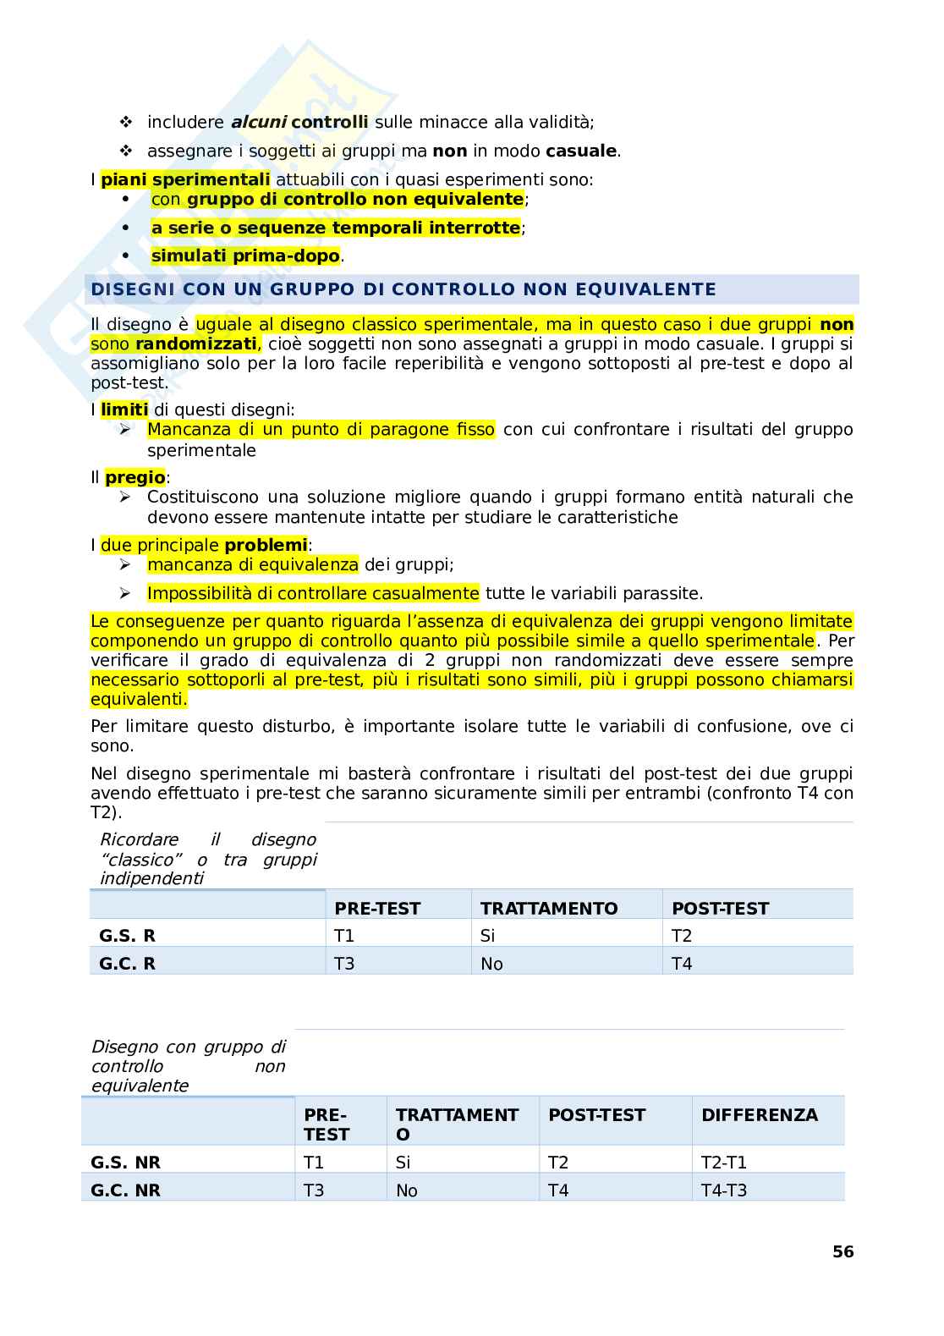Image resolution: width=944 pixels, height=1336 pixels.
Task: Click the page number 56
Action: (842, 1251)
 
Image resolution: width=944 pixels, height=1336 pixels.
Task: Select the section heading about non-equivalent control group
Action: (403, 289)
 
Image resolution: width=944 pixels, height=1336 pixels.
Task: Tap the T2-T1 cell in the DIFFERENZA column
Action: (723, 1163)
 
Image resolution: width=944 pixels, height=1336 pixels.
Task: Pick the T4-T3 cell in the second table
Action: (724, 1190)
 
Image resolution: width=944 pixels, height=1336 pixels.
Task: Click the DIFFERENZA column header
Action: (759, 1115)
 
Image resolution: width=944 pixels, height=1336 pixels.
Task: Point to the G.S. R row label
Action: (127, 936)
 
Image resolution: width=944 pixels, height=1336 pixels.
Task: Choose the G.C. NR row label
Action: (125, 1190)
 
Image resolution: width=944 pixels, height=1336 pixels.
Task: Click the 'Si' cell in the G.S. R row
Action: (487, 936)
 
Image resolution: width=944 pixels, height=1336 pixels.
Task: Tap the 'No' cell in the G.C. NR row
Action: (407, 1190)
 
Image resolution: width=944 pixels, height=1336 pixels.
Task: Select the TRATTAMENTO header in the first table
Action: (549, 909)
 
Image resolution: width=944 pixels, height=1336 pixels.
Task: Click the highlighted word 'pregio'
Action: (134, 478)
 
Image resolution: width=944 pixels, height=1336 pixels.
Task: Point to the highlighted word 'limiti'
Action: (123, 410)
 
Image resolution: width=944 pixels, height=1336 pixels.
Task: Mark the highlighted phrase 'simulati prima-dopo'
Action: (245, 256)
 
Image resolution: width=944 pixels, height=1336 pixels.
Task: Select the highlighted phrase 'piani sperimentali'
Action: (185, 179)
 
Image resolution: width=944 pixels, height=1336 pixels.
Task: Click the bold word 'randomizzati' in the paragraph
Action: (195, 344)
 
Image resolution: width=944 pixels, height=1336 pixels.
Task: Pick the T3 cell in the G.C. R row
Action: (344, 964)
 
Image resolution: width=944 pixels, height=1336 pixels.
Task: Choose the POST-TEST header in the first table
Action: (720, 909)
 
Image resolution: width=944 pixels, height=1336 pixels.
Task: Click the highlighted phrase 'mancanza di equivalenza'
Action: (253, 565)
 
